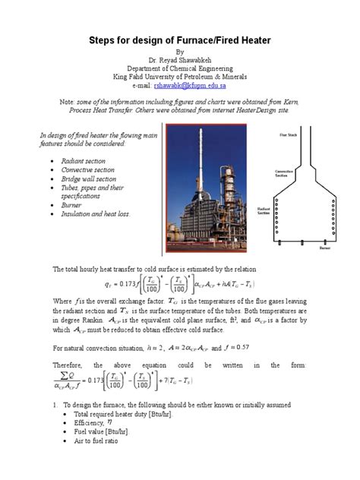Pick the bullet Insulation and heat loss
[x=103, y=214]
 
